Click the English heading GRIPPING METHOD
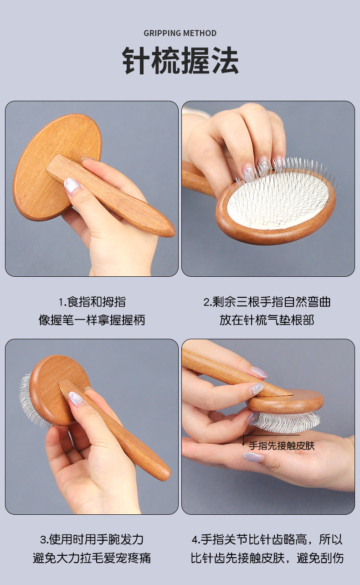pos(180,33)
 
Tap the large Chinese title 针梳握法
pos(180,60)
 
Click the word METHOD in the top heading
pos(200,33)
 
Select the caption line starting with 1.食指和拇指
pos(92,302)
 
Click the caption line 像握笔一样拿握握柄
pos(92,320)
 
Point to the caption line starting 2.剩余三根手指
pos(267,302)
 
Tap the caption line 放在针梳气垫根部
pos(267,320)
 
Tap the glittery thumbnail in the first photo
pos(72,185)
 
